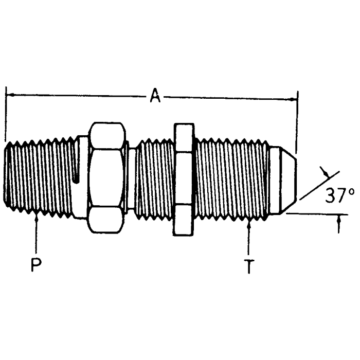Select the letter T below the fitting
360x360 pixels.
pyautogui.click(x=249, y=266)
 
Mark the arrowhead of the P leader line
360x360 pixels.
pyautogui.click(x=37, y=219)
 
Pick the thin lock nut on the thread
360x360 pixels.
pyautogui.click(x=184, y=179)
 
